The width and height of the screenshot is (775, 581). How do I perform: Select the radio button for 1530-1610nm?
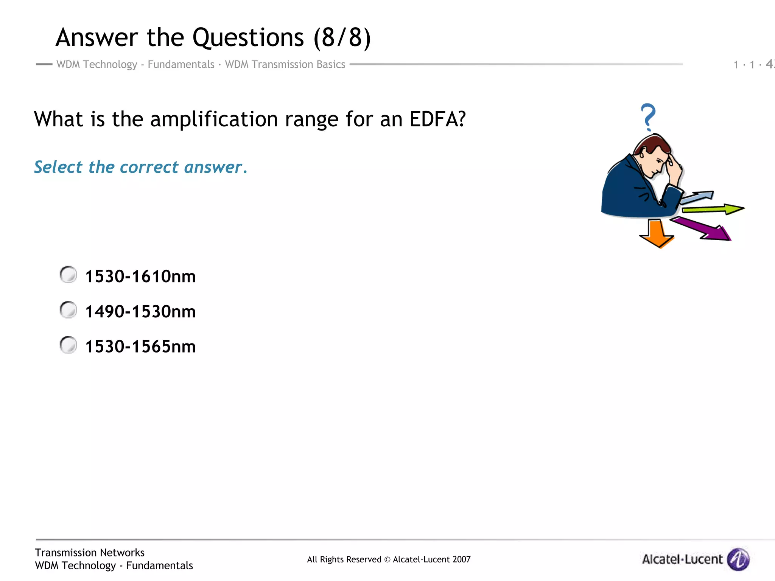[x=68, y=275]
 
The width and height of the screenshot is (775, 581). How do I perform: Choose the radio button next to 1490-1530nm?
[x=68, y=310]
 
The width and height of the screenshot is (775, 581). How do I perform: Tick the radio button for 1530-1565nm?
[x=68, y=345]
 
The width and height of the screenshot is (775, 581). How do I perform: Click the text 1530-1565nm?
[x=140, y=346]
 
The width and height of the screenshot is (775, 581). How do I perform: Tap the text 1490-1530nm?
[x=140, y=312]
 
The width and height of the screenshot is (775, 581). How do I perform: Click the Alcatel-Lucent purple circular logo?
[x=739, y=559]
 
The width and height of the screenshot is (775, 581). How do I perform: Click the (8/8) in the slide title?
[x=342, y=37]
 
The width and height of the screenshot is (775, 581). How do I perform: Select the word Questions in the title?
[x=248, y=37]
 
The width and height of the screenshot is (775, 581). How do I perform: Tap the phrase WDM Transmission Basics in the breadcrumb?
[x=285, y=64]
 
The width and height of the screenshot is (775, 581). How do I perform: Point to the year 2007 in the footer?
[x=461, y=559]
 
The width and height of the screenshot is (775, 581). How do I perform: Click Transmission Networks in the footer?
[x=90, y=553]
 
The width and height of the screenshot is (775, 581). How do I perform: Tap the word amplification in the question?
[x=214, y=119]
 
